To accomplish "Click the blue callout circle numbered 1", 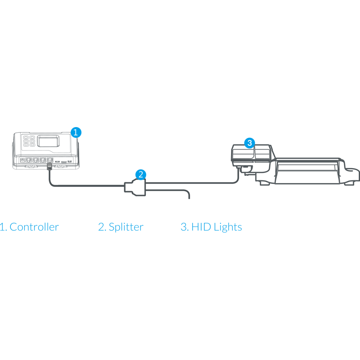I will point(75,132).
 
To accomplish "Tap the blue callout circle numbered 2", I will point(140,175).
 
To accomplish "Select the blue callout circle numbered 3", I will point(249,143).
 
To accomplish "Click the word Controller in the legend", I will point(34,227).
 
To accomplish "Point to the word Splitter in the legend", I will point(126,227).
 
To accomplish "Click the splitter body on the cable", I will point(135,188).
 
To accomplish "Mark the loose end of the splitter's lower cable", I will point(189,198).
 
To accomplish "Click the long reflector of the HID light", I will point(308,169).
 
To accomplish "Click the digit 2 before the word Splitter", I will point(101,227).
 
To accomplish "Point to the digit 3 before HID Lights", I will point(184,227).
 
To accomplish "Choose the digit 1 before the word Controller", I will point(3,227).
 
